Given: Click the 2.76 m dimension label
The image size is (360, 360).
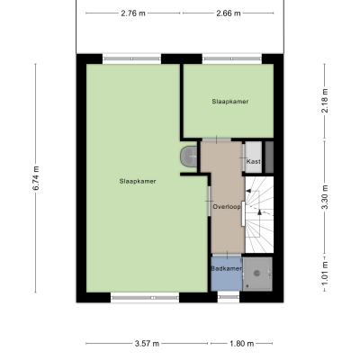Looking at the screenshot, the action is tap(133, 13).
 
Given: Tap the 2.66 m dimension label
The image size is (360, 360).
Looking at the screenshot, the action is tap(229, 13).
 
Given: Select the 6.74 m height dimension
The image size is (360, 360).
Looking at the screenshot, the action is tap(36, 178).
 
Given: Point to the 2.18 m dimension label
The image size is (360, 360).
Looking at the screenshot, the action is tap(324, 101).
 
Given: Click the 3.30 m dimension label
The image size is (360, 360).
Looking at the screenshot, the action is tap(324, 197).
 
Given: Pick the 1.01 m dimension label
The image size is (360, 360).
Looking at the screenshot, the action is tap(324, 274).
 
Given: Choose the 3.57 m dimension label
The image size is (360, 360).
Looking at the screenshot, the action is tap(147, 344).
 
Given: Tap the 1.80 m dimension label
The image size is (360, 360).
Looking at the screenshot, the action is tap(242, 344).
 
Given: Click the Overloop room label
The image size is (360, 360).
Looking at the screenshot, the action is tap(227, 207).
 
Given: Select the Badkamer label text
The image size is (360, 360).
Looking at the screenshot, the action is tap(227, 268).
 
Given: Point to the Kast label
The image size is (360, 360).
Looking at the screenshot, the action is tap(254, 161).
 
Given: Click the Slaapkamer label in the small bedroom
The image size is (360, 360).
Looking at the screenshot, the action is tap(230, 102).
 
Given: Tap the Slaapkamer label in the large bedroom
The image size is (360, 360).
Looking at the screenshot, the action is tap(138, 181).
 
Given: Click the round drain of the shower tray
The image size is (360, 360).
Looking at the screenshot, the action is tap(256, 273).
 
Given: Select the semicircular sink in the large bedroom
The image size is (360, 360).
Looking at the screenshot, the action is tap(189, 157).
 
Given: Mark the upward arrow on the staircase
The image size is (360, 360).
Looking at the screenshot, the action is tap(259, 211).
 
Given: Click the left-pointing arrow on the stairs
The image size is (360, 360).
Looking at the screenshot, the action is tap(248, 191).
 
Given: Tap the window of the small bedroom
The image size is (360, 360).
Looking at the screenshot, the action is tap(232, 58).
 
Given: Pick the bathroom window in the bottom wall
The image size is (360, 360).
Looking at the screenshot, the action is tap(229, 297).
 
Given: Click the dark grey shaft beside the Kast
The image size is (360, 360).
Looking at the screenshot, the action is tap(269, 157).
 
